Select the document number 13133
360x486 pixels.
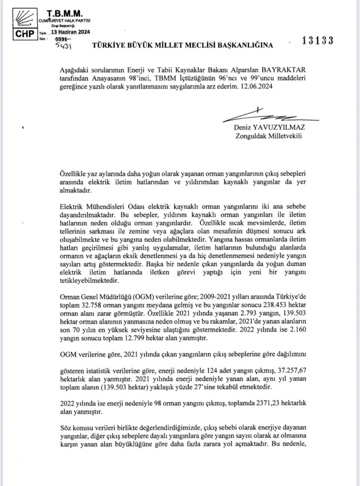[x=318, y=41]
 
